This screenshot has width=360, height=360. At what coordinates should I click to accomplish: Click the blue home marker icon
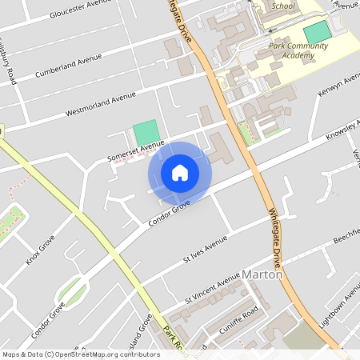180,172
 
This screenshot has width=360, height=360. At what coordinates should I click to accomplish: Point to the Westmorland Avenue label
101,104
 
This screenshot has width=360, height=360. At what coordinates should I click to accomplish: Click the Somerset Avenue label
136,149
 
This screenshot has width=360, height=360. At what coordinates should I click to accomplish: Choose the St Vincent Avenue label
213,288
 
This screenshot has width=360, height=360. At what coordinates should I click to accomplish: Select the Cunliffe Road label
238,318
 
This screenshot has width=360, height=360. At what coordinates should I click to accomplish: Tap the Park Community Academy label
298,51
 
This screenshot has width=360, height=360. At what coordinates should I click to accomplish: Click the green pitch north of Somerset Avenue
146,133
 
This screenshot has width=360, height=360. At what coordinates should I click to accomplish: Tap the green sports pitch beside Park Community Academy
318,33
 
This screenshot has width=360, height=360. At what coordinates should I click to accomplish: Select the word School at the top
282,6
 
